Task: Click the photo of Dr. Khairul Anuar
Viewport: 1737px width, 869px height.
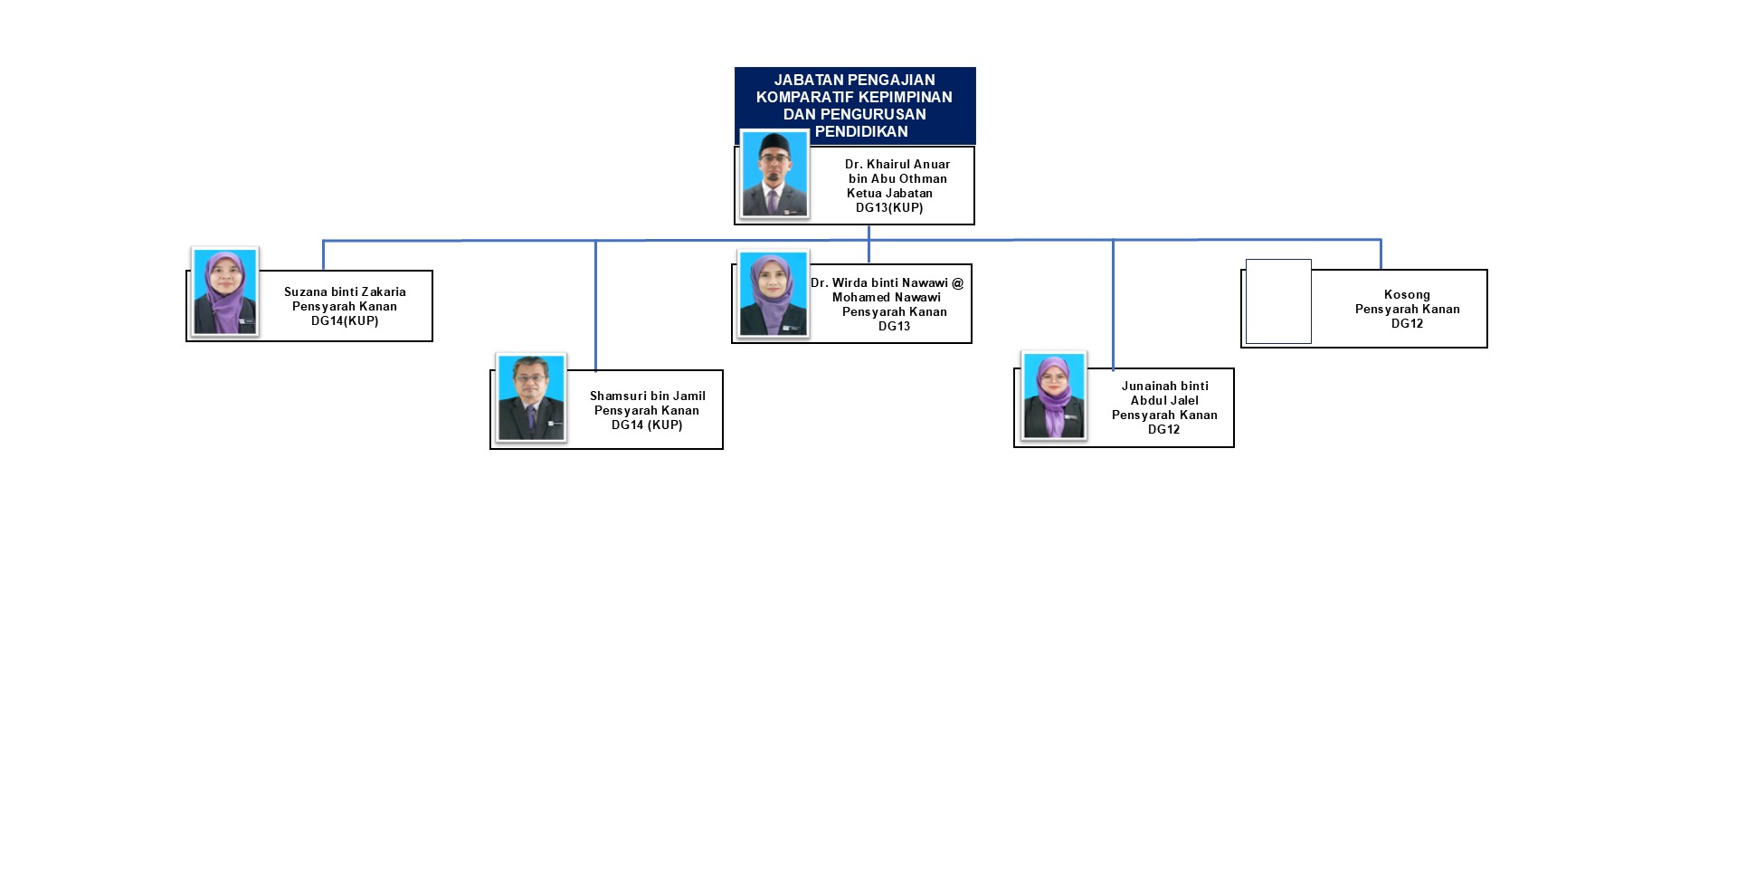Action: [774, 174]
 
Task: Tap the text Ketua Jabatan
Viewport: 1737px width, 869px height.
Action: [889, 193]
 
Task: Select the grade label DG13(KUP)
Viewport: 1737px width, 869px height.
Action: [889, 207]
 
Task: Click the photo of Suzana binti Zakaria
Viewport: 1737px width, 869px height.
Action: [225, 291]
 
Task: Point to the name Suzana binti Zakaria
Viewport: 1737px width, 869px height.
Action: [345, 291]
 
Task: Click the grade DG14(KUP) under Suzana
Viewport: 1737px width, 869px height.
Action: [345, 320]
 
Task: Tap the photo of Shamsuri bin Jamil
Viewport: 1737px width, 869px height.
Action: [531, 397]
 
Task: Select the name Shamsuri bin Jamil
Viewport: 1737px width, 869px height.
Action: [647, 396]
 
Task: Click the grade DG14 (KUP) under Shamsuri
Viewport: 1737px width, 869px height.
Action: [647, 425]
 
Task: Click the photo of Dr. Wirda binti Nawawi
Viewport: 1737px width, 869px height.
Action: [774, 294]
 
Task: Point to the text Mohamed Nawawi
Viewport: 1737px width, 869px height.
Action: [886, 297]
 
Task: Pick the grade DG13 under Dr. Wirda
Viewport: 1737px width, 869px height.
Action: [894, 326]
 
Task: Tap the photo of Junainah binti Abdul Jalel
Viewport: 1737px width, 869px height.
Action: [1054, 396]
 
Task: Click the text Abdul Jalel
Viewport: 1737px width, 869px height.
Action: [1164, 400]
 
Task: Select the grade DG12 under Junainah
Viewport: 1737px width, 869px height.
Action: [1163, 429]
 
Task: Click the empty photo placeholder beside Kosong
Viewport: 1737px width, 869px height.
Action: [1278, 301]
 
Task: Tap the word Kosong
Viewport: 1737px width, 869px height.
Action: [1407, 294]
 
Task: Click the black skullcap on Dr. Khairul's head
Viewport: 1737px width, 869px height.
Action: [776, 142]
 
